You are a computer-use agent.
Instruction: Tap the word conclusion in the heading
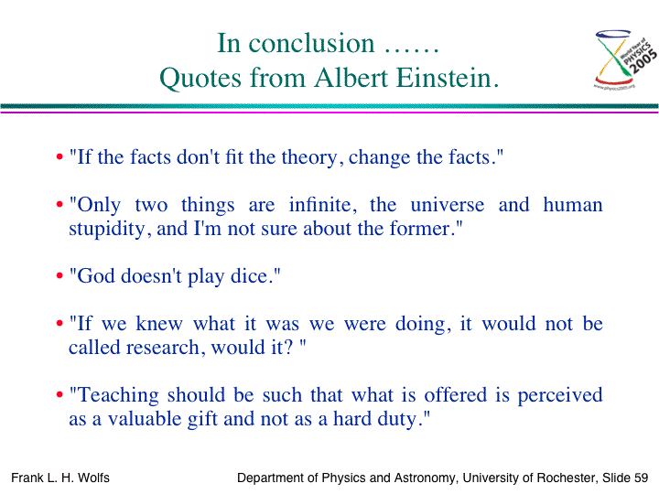(311, 43)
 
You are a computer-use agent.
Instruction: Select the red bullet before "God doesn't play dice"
(59, 275)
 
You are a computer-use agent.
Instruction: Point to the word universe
(448, 205)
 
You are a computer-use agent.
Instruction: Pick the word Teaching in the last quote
(118, 396)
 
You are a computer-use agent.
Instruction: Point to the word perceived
(560, 396)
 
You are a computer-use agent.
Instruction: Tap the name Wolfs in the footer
(93, 478)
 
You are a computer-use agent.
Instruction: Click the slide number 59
(642, 478)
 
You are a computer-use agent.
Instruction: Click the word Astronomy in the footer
(424, 478)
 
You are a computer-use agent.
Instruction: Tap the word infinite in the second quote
(323, 205)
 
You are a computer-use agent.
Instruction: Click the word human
(573, 205)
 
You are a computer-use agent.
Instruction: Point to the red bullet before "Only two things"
(59, 205)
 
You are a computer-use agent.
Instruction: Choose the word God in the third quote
(96, 276)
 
